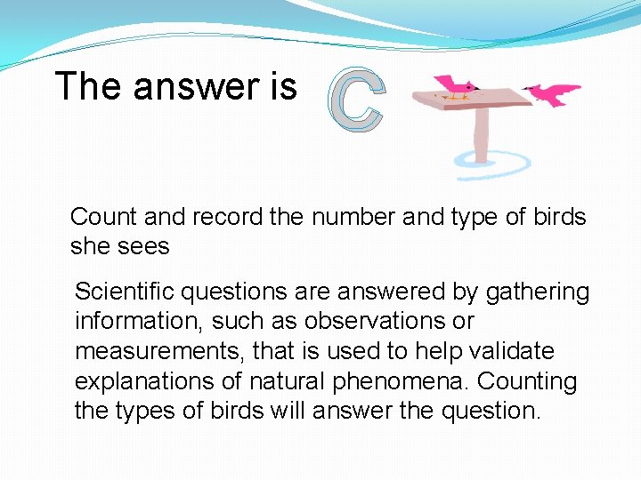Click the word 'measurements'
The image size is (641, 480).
click(x=160, y=351)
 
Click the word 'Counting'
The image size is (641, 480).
click(x=528, y=381)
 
